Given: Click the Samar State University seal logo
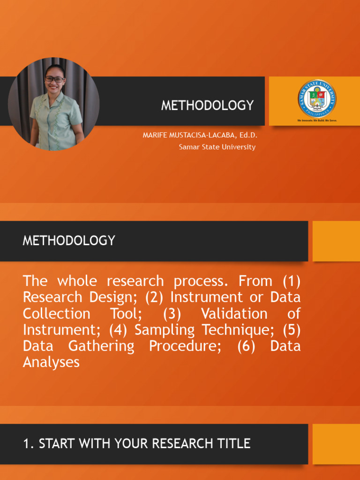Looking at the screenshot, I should click(317, 98).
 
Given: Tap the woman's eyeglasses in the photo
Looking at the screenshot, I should click(55, 79).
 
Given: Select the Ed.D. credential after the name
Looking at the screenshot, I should click(247, 135).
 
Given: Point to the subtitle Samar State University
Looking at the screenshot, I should click(217, 147).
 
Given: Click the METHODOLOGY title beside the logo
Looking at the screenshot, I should click(207, 105).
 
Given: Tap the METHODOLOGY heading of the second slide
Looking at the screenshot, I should click(69, 240).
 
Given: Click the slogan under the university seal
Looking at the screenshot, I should click(317, 120).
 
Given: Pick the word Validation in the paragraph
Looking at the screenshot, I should click(234, 314).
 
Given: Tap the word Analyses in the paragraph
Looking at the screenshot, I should click(51, 362).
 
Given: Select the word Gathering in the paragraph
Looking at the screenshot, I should click(101, 346).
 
